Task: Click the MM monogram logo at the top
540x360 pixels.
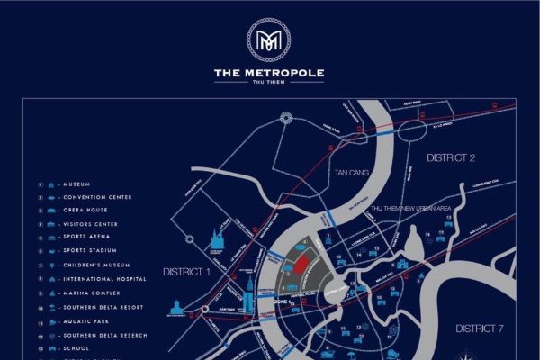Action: coord(269,40)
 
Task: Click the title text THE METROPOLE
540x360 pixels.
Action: coord(269,73)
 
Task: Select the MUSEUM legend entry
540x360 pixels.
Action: coord(76,184)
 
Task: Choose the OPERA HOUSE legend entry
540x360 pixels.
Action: coord(85,211)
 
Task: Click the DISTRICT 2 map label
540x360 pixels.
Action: coord(450,157)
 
